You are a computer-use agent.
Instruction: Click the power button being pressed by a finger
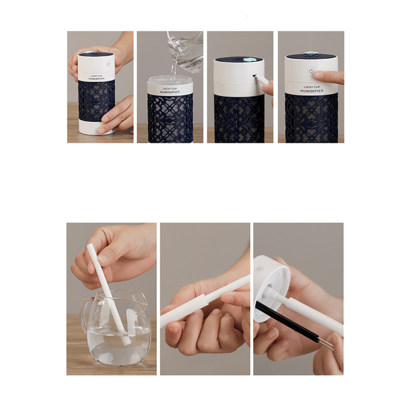[x=311, y=71]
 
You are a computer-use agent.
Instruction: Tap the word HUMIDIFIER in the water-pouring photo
[x=170, y=92]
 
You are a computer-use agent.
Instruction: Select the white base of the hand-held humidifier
[x=97, y=127]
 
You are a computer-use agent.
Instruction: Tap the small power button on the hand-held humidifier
[x=108, y=63]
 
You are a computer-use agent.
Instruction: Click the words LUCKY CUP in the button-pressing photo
[x=311, y=87]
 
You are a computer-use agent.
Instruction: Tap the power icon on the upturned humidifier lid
[x=259, y=269]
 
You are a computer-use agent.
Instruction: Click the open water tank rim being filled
[x=170, y=81]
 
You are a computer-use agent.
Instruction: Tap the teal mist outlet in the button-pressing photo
[x=307, y=54]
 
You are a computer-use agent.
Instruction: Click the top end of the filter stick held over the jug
[x=91, y=247]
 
